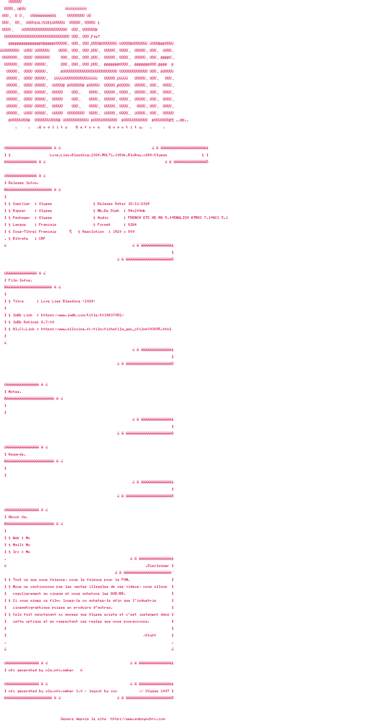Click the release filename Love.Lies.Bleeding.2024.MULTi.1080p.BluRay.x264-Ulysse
tap(108, 155)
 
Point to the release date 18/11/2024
tap(139, 204)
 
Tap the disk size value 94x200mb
tap(136, 211)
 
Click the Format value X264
tap(132, 225)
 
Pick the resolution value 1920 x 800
tap(123, 231)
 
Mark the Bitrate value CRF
tap(42, 238)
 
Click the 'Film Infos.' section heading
tap(20, 280)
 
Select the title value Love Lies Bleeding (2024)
tap(68, 301)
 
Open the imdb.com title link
tap(82, 315)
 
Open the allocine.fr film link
tap(106, 329)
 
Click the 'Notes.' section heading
tap(15, 392)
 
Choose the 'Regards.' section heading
tap(17, 454)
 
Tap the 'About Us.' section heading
tap(18, 517)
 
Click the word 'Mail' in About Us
tap(17, 545)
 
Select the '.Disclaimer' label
tap(157, 566)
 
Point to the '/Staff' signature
tap(149, 635)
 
